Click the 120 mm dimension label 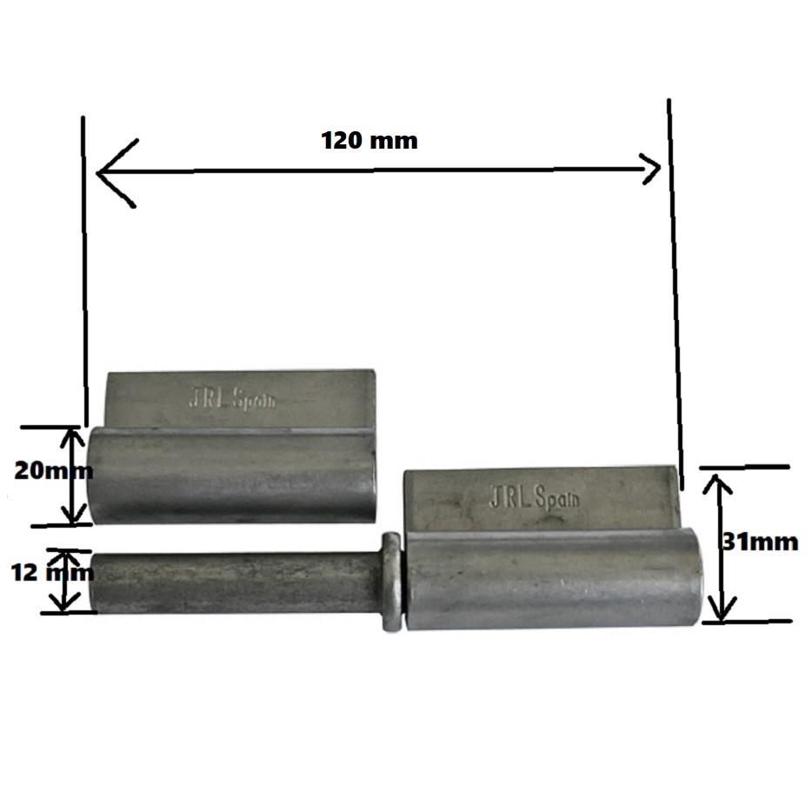369,141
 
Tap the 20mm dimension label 53,470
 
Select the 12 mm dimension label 52,573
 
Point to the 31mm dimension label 760,542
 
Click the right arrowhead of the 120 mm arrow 650,169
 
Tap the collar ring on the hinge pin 391,582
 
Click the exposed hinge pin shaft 236,583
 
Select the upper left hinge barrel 231,476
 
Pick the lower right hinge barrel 555,578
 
